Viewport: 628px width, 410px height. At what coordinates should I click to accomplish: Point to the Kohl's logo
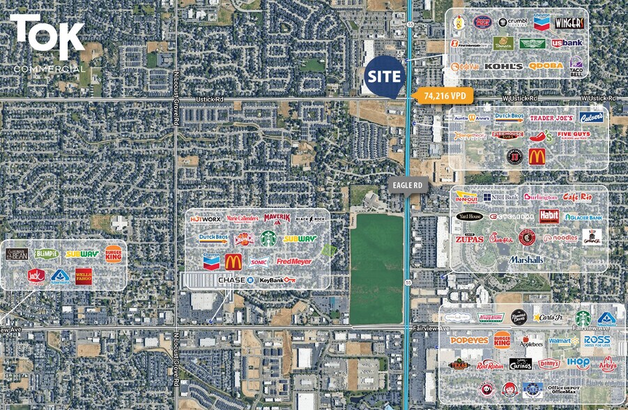pyautogui.click(x=503, y=66)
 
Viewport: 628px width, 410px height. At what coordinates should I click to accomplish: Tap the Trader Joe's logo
pyautogui.click(x=551, y=118)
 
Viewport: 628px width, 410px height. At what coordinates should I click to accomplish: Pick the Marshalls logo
pyautogui.click(x=526, y=259)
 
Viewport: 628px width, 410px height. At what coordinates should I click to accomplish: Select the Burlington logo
pyautogui.click(x=541, y=197)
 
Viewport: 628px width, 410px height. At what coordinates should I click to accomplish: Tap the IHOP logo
pyautogui.click(x=579, y=363)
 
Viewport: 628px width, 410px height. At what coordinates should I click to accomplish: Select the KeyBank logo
pyautogui.click(x=277, y=280)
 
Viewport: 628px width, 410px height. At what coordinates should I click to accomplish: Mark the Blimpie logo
pyautogui.click(x=47, y=255)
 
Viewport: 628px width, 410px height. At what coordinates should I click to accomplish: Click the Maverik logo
pyautogui.click(x=277, y=218)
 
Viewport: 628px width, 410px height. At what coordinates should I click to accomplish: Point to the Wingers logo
pyautogui.click(x=569, y=23)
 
